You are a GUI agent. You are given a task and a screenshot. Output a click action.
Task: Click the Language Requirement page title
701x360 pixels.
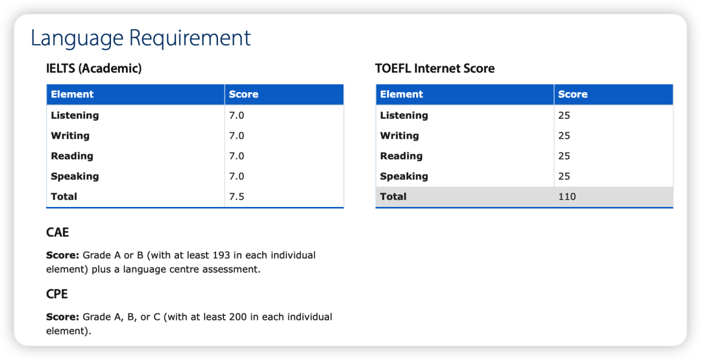click(140, 38)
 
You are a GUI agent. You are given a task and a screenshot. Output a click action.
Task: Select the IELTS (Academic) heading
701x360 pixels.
click(94, 69)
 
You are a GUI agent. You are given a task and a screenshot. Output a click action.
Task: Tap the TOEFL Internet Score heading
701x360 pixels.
click(435, 69)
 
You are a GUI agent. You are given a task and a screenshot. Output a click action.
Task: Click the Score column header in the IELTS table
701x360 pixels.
click(243, 94)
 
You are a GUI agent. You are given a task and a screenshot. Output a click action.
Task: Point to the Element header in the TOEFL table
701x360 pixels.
click(402, 94)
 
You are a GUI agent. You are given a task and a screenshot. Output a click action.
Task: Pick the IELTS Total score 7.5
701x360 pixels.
click(236, 197)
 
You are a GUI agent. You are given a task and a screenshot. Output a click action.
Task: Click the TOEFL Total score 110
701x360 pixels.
click(567, 197)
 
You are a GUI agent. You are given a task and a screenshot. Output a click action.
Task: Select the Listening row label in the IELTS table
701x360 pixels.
click(75, 115)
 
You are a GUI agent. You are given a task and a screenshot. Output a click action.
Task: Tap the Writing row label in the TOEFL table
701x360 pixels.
click(399, 136)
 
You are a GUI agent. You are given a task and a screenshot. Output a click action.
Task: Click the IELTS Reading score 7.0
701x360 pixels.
click(236, 156)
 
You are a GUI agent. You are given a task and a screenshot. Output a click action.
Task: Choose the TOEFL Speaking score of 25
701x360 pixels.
click(564, 176)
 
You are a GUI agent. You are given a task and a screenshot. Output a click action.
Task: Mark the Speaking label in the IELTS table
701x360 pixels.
click(75, 176)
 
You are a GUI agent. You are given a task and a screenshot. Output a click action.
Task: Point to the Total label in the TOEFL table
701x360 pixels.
click(393, 197)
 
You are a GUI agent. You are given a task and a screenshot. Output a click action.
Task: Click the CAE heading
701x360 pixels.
click(58, 233)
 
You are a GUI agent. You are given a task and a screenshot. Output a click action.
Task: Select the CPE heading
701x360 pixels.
click(57, 294)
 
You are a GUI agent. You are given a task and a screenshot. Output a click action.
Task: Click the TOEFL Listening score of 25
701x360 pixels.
click(564, 115)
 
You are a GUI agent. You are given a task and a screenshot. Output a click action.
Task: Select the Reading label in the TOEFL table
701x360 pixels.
click(401, 156)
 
